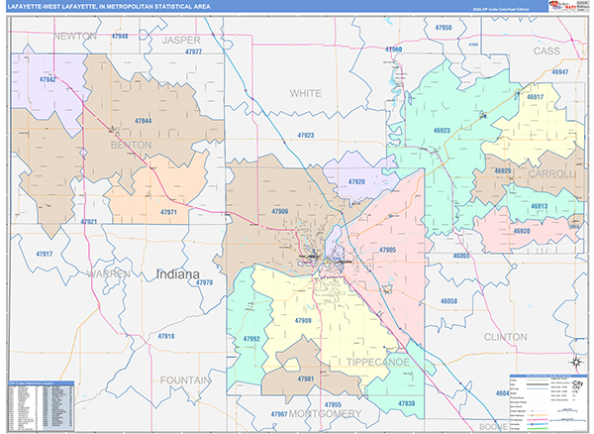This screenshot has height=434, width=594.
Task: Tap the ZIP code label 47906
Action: point(279,211)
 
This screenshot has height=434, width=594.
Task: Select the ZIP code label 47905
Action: point(386,250)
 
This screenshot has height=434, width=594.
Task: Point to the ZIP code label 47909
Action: point(303,321)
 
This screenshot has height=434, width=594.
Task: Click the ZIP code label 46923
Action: point(441,130)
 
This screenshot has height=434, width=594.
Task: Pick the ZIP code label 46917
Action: point(535,97)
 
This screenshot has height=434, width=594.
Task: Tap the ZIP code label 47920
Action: point(356,182)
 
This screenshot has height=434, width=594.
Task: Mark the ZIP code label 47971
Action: point(168,212)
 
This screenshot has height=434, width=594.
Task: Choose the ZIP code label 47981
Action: point(307,379)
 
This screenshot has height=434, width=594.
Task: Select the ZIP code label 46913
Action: point(539,206)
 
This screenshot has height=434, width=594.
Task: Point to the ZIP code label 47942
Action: point(47,79)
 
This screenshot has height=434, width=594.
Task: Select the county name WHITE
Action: point(305,92)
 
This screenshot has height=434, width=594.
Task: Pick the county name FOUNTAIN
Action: point(183,380)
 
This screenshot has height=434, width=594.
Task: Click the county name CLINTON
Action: point(505,337)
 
